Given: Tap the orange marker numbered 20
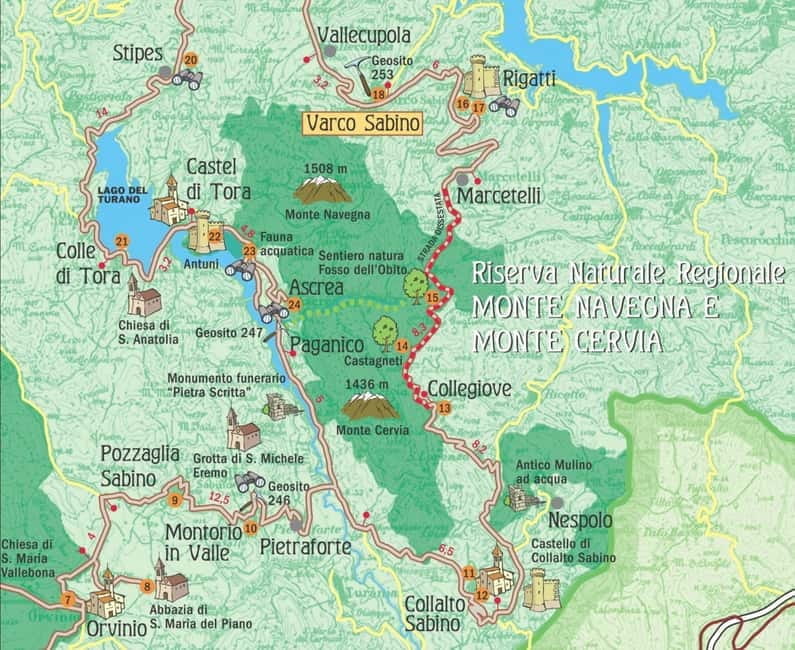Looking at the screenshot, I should pyautogui.click(x=190, y=60).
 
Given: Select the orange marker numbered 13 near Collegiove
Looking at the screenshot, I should pyautogui.click(x=444, y=408).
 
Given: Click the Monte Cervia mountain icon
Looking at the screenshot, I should pyautogui.click(x=369, y=404).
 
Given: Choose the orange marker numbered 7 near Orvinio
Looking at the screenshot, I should pyautogui.click(x=68, y=600).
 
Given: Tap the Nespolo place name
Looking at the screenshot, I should pyautogui.click(x=580, y=522).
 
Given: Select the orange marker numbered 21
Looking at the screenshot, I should pyautogui.click(x=122, y=241).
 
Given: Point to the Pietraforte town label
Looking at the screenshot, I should pyautogui.click(x=296, y=546).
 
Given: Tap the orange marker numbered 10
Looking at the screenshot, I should pyautogui.click(x=251, y=528).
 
